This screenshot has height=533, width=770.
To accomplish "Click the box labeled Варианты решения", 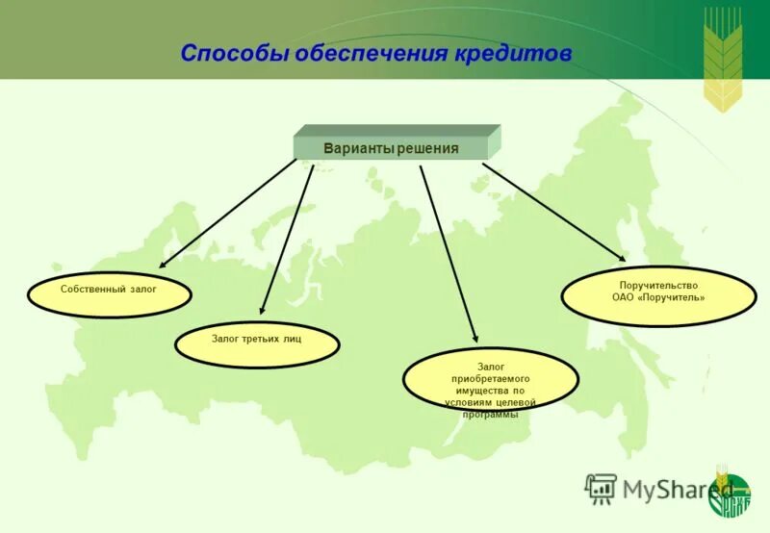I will click(391, 148).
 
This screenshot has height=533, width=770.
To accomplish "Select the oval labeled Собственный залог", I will click(109, 294).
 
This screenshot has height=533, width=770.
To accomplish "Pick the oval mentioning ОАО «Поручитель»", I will click(658, 296).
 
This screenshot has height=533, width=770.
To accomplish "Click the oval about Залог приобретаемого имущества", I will click(490, 381).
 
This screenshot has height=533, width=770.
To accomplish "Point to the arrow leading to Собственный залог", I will click(228, 213).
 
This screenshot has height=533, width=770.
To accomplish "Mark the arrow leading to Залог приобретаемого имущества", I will click(449, 252).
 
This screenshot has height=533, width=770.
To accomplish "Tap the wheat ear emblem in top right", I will click(723, 58).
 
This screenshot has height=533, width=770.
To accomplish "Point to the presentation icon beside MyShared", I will click(601, 489).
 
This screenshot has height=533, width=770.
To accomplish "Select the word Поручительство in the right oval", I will click(658, 286).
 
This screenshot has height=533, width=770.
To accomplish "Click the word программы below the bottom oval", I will click(490, 414).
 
